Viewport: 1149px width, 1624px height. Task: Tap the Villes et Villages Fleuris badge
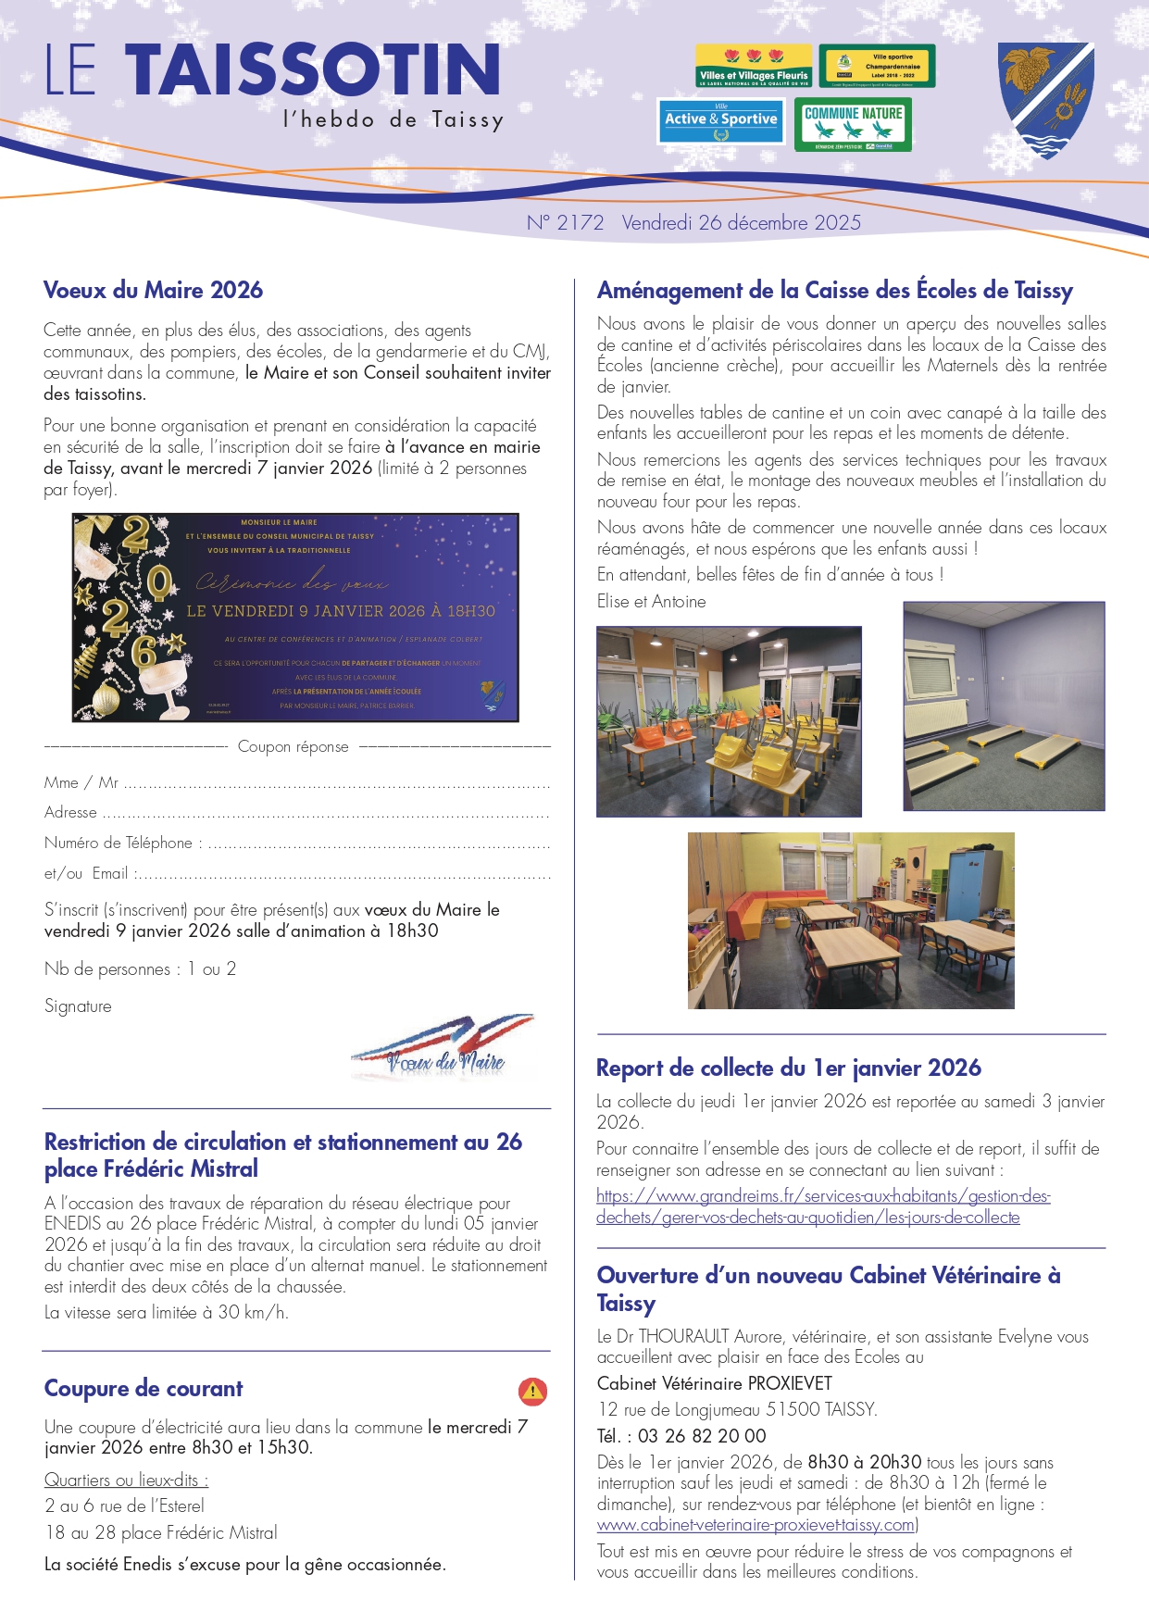click(x=753, y=66)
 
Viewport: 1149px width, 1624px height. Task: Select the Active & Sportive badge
click(x=720, y=121)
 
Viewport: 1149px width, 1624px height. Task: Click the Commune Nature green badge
click(x=853, y=124)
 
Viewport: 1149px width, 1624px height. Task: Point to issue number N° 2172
click(x=565, y=223)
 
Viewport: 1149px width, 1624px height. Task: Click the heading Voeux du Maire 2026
click(x=153, y=290)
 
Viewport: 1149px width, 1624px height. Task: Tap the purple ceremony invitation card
click(x=295, y=618)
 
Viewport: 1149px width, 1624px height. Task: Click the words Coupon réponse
click(x=293, y=747)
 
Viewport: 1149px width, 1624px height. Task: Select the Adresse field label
click(x=70, y=813)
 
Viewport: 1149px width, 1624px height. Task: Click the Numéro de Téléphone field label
click(x=119, y=843)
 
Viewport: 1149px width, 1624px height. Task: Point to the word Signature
click(x=78, y=1006)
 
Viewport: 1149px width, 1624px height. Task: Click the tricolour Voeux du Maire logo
click(x=443, y=1048)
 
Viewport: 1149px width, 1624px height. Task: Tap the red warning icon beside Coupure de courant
click(x=532, y=1391)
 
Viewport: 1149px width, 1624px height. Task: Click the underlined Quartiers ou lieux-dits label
click(x=126, y=1480)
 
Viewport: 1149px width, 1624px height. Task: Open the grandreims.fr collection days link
click(x=822, y=1206)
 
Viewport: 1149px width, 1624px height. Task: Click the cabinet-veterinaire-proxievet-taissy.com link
click(x=756, y=1525)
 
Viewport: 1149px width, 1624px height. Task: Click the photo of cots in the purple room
click(x=1004, y=706)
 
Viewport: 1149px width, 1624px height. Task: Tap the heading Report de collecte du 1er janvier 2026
click(x=788, y=1068)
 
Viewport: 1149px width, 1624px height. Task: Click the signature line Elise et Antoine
click(x=651, y=602)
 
